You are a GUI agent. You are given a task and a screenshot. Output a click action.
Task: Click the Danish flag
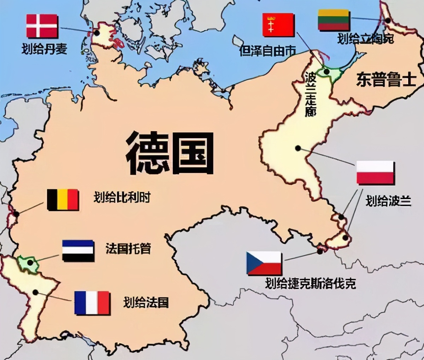coord(42,26)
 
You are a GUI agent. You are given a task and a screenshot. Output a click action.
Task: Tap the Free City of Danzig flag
coord(278,25)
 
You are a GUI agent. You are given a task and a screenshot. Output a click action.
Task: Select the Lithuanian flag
coord(334,20)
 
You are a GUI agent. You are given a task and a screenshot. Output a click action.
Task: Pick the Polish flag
coord(375,173)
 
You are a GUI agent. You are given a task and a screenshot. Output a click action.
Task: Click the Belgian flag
coord(63,200)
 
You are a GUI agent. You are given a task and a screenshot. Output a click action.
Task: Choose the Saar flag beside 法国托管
coord(78,251)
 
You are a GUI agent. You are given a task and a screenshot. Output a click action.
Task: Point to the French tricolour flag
coord(92,303)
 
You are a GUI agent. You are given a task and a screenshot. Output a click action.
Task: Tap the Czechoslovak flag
coord(264,263)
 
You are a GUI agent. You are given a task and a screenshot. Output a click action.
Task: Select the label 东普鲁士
coord(386,79)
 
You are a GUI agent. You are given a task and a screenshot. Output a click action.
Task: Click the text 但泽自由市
coord(267,51)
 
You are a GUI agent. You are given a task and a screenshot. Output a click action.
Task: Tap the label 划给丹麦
coord(44,48)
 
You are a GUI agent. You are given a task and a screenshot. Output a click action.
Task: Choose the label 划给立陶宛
coord(365,38)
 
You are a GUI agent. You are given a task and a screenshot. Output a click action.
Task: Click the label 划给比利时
coord(122,197)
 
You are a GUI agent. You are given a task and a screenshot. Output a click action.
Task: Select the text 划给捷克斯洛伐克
coord(311,283)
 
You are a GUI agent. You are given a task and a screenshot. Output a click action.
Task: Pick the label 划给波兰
coord(388,201)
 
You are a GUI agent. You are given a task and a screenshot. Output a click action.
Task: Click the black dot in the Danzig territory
coord(327,72)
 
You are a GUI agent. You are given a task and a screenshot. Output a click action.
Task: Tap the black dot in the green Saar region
coord(30,262)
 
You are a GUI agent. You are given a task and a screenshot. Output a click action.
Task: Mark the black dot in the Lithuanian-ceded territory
coord(388,21)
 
